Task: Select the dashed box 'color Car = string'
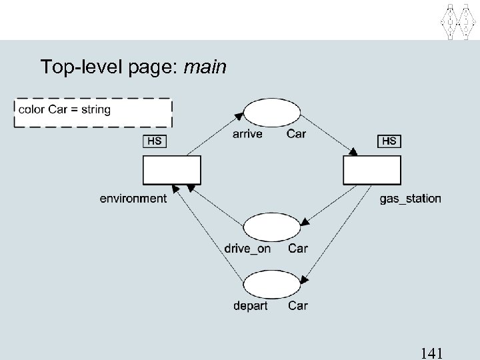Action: coord(93,112)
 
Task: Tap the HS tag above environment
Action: coord(154,141)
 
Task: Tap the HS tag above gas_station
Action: coord(389,141)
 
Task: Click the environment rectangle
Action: coord(171,170)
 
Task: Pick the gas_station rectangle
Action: coord(372,170)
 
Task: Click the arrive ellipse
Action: coord(271,112)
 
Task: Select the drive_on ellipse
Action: coord(271,227)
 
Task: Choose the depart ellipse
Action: coord(271,285)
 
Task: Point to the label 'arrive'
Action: coord(247,134)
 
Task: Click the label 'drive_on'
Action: coord(247,249)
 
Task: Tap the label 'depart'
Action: coord(250,306)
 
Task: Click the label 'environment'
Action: coord(133,198)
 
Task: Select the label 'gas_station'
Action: coord(410,198)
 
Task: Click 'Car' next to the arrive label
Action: coord(296,134)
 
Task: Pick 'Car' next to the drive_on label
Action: coord(297,249)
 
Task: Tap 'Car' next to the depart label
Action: coord(297,306)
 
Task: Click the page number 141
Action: coord(434,353)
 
